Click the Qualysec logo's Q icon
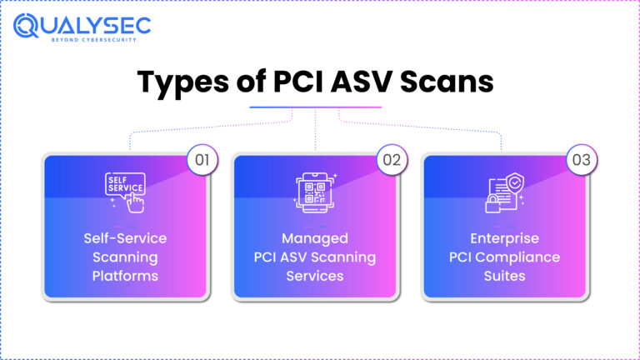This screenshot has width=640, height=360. (25, 27)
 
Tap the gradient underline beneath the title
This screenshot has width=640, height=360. (316, 107)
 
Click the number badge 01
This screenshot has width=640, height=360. (201, 159)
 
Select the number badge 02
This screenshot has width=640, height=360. (392, 159)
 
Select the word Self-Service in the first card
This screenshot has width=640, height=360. (125, 239)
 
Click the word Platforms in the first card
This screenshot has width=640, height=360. (125, 276)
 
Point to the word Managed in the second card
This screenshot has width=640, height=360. (315, 239)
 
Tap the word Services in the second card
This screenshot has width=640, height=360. (315, 276)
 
